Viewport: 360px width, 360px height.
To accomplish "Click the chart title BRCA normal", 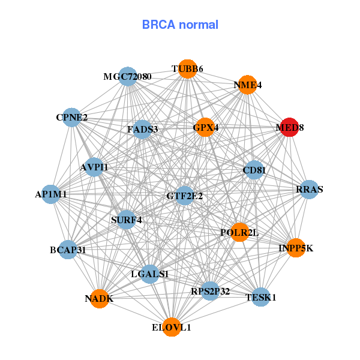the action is pyautogui.click(x=180, y=25).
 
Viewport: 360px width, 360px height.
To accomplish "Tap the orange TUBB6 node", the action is pyautogui.click(x=187, y=69).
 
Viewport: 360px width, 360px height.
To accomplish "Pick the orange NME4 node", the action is pyautogui.click(x=248, y=85).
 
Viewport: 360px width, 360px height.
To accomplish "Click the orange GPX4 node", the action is pyautogui.click(x=205, y=127).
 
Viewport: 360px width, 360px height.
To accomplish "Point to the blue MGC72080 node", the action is pyautogui.click(x=128, y=77).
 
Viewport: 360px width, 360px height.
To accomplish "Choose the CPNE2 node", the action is pyautogui.click(x=72, y=117).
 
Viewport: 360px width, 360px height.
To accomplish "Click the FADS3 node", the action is pyautogui.click(x=143, y=129).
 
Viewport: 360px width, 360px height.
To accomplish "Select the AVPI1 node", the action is pyautogui.click(x=94, y=167).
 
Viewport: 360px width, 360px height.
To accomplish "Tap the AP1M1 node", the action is pyautogui.click(x=51, y=194).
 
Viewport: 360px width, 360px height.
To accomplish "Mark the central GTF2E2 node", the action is pyautogui.click(x=185, y=196).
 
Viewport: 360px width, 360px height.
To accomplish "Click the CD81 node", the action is pyautogui.click(x=254, y=170).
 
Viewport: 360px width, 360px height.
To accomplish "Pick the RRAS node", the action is pyautogui.click(x=309, y=190).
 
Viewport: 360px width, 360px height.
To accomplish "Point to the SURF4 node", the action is pyautogui.click(x=127, y=220).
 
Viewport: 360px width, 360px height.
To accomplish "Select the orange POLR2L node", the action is pyautogui.click(x=239, y=232).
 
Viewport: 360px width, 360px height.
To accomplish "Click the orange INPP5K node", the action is pyautogui.click(x=296, y=248).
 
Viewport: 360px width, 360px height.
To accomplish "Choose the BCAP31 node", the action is pyautogui.click(x=68, y=249).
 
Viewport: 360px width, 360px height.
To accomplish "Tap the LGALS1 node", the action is pyautogui.click(x=150, y=274).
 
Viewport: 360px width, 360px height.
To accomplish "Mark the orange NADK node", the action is pyautogui.click(x=100, y=298).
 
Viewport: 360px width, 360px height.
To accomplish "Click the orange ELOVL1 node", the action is pyautogui.click(x=172, y=327).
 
